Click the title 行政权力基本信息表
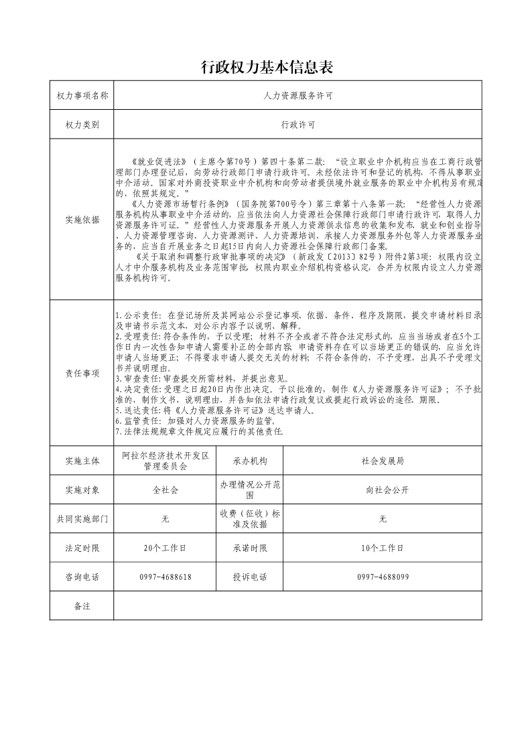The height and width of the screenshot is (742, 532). tap(267, 68)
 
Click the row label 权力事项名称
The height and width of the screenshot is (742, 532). tap(82, 96)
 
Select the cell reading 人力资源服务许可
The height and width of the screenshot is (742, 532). tap(297, 96)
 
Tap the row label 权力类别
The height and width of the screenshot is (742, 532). tap(82, 125)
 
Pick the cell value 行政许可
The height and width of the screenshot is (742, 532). tap(297, 125)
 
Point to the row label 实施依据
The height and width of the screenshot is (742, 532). tap(82, 220)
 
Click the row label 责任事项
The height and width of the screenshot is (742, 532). tap(82, 373)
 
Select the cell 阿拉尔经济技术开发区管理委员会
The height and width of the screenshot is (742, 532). tap(165, 461)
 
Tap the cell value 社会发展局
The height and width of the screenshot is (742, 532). tap(382, 461)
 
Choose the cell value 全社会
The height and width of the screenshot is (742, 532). tap(165, 490)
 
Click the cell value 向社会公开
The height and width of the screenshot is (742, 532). tap(382, 490)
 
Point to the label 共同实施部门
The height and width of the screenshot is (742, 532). tap(82, 519)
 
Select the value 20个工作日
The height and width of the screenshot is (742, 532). tap(165, 548)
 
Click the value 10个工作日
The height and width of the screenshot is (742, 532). tap(382, 548)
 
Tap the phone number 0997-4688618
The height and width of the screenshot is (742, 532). tap(165, 577)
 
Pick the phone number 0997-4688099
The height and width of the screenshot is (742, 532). tap(382, 577)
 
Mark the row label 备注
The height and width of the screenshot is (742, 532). tap(82, 605)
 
